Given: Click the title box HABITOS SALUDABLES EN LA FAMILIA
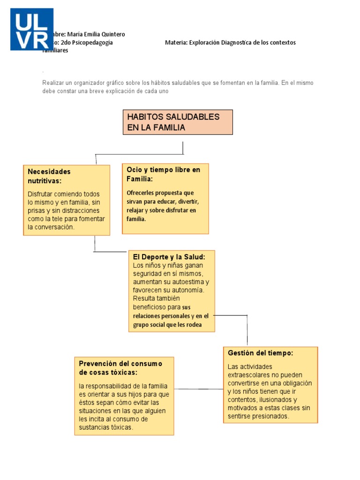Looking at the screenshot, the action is pyautogui.click(x=178, y=122).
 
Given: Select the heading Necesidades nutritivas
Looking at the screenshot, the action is pyautogui.click(x=49, y=176).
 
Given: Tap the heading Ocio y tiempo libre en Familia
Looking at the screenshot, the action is pyautogui.click(x=163, y=174).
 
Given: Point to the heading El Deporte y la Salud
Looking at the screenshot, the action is pyautogui.click(x=169, y=257).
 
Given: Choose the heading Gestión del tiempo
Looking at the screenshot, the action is pyautogui.click(x=260, y=353).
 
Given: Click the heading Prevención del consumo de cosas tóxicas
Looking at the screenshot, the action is pyautogui.click(x=120, y=367).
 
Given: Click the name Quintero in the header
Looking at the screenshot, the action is pyautogui.click(x=112, y=35).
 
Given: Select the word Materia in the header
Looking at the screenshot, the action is pyautogui.click(x=176, y=43).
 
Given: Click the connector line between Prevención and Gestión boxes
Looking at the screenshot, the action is pyautogui.click(x=199, y=389).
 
